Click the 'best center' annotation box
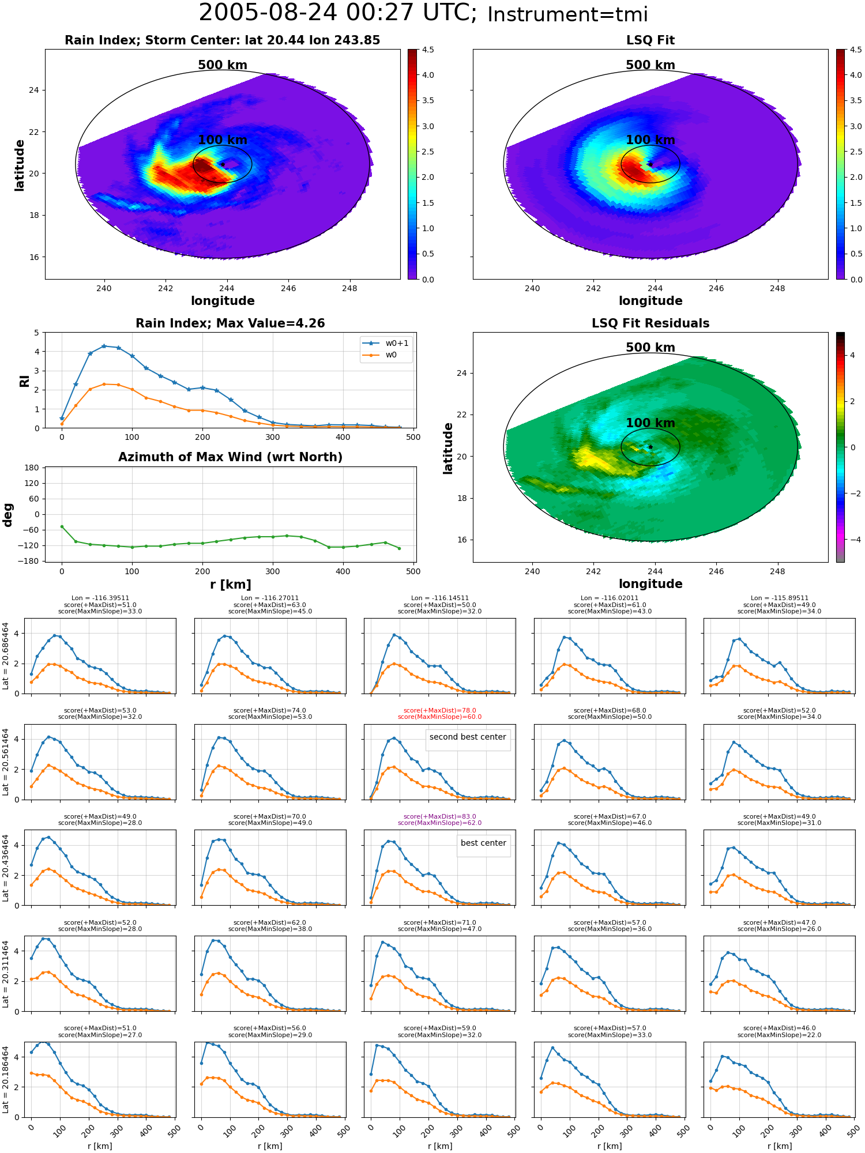click(x=483, y=843)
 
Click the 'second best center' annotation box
click(x=468, y=737)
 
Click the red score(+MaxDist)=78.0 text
click(x=440, y=710)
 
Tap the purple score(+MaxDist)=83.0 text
click(x=440, y=816)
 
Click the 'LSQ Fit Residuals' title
click(x=650, y=323)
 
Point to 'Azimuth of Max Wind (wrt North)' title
click(x=231, y=457)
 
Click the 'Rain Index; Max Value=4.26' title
click(x=231, y=323)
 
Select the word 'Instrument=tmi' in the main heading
click(x=568, y=15)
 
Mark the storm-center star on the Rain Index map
click(x=223, y=164)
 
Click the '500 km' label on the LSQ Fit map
click(x=650, y=65)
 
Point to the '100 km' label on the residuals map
click(x=650, y=423)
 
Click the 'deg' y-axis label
click(x=8, y=515)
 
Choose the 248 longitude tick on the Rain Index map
click(x=349, y=288)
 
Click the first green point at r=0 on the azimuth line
click(x=62, y=526)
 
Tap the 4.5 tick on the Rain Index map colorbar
click(x=428, y=50)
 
